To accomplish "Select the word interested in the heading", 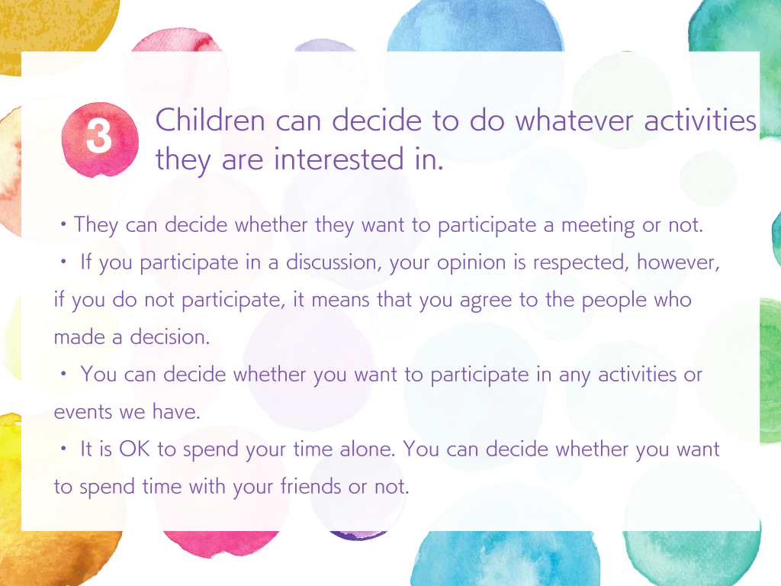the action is (339, 159).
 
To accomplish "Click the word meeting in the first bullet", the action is (598, 226).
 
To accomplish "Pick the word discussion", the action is (331, 262).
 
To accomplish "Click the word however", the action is (678, 262).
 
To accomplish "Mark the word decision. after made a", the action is (170, 337).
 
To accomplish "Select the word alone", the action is (368, 449).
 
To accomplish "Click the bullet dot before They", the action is (63, 224).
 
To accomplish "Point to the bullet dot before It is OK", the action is (63, 449).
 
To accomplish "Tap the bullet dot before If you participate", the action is (63, 262).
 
